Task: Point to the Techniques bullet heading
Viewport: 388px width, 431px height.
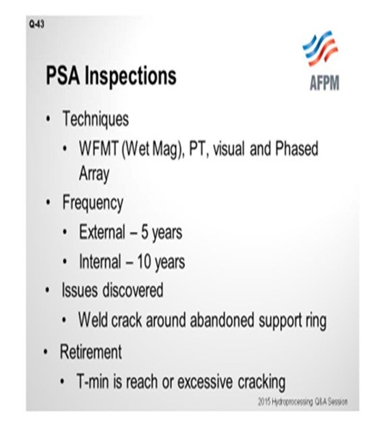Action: click(95, 119)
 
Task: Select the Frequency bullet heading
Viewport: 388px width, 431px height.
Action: click(92, 202)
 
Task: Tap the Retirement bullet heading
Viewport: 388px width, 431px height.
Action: click(92, 351)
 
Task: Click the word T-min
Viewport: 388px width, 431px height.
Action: click(96, 382)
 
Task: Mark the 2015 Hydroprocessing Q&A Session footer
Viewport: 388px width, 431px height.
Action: click(303, 403)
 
